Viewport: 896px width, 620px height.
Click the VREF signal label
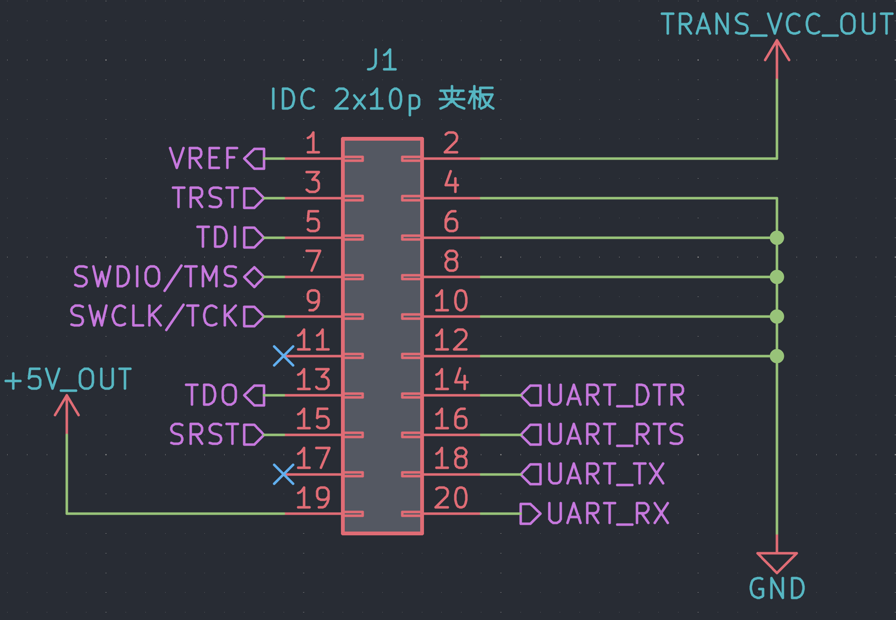pyautogui.click(x=204, y=159)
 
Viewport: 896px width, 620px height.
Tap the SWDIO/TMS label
pyautogui.click(x=156, y=277)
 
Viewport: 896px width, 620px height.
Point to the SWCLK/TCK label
pyautogui.click(x=153, y=316)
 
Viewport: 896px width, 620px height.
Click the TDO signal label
pyautogui.click(x=212, y=395)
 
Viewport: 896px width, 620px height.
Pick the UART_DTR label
pyautogui.click(x=616, y=396)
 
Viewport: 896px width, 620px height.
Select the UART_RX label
pyautogui.click(x=608, y=514)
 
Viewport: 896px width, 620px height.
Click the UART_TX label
pyautogui.click(x=606, y=474)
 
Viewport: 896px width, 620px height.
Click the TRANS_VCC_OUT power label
pyautogui.click(x=777, y=24)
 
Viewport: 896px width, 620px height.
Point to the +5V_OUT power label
pyautogui.click(x=68, y=379)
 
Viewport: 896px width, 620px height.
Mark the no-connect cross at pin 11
pyautogui.click(x=284, y=356)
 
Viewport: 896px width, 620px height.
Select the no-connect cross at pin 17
pyautogui.click(x=284, y=474)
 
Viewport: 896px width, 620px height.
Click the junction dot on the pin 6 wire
pyautogui.click(x=777, y=238)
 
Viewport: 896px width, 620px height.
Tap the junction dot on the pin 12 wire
pyautogui.click(x=777, y=356)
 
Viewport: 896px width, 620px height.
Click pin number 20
pyautogui.click(x=451, y=498)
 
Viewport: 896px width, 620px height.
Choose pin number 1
pyautogui.click(x=313, y=143)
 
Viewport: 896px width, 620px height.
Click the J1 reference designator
pyautogui.click(x=382, y=60)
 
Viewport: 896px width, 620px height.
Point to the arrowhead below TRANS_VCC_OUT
pyautogui.click(x=777, y=51)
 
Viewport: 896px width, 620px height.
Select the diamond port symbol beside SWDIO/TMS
pyautogui.click(x=254, y=277)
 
